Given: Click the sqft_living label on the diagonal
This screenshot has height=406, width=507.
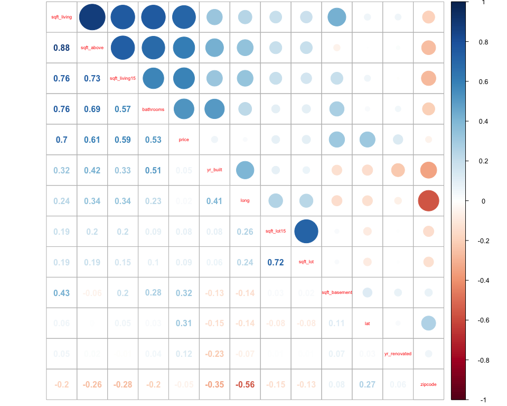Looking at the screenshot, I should tap(61, 17).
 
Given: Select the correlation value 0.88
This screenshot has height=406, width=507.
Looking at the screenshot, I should tap(61, 48).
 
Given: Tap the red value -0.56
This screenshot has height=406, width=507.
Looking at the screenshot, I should tap(245, 384).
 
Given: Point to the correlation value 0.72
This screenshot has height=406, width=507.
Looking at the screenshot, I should tap(276, 262).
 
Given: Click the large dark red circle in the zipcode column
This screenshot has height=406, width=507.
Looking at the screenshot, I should tap(428, 201).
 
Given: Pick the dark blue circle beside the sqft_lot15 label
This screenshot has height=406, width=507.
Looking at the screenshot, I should tap(306, 231).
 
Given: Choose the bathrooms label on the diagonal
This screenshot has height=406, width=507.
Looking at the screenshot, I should tap(153, 109).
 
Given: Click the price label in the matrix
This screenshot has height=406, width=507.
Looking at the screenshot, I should tap(184, 140).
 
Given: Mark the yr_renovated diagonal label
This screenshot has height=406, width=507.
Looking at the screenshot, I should tap(398, 354).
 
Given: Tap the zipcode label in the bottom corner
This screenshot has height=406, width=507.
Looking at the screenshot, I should tap(428, 384).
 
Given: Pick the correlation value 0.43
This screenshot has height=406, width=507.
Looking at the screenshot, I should tap(61, 292).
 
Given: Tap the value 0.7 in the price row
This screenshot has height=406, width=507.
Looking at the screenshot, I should tap(61, 140).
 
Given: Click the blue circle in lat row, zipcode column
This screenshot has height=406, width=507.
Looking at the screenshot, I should tap(428, 323).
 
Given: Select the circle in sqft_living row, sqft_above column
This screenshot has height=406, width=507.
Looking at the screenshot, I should tap(92, 17).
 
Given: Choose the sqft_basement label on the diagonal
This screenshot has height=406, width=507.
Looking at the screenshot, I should tap(336, 292).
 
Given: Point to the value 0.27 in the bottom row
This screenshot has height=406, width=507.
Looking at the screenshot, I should tap(368, 384).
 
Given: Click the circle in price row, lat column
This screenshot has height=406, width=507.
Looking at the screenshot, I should tap(367, 140).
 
